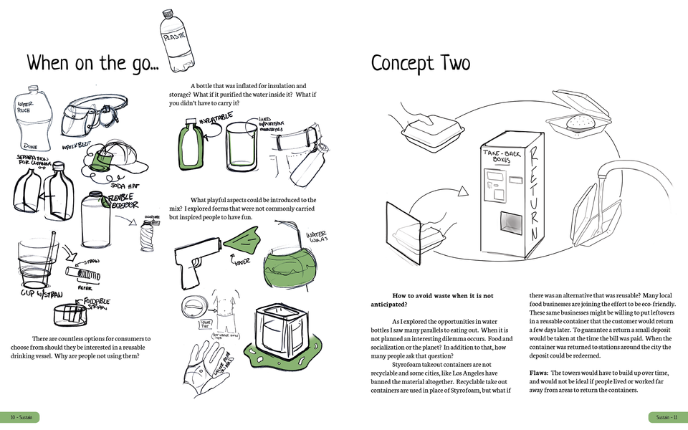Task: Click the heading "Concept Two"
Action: coord(420,63)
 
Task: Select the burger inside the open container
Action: coord(580,123)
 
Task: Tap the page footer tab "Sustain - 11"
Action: coord(665,417)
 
